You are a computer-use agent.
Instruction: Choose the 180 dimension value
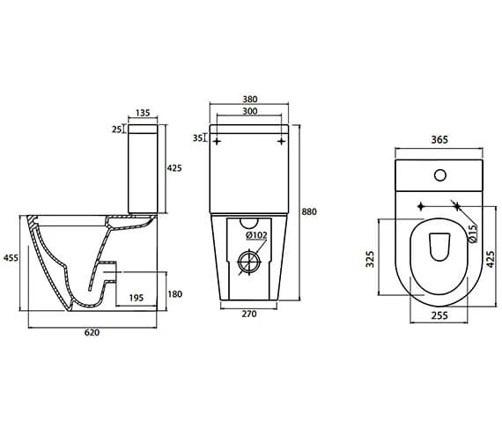[176, 294]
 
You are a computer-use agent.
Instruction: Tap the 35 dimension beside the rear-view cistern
[199, 137]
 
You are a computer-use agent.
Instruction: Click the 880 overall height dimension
[308, 211]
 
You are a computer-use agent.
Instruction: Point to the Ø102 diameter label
[256, 234]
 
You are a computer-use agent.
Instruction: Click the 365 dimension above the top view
[438, 138]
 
